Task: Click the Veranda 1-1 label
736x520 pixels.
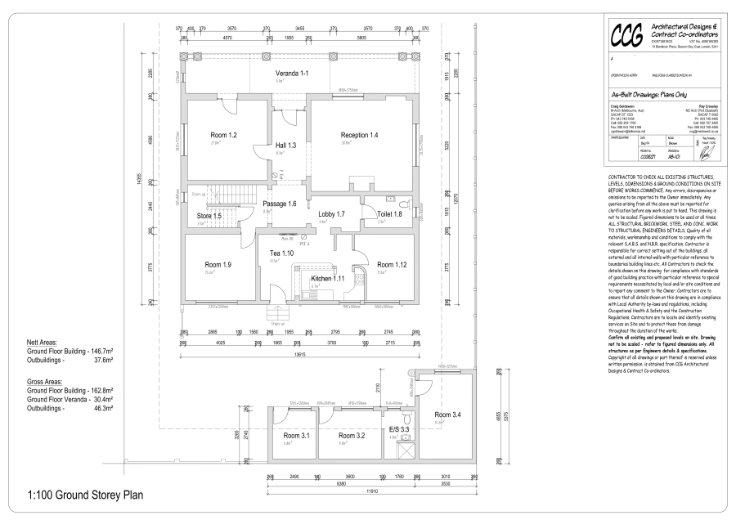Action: [x=292, y=74]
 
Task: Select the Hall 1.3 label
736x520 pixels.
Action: [x=285, y=145]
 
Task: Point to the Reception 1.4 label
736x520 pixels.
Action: [x=359, y=134]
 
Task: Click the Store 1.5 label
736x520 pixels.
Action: [x=209, y=216]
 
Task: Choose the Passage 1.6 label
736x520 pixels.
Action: [x=280, y=203]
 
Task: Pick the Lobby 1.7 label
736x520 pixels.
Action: [x=331, y=213]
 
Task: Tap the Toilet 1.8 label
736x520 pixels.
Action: [x=390, y=213]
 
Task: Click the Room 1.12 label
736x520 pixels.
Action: [x=390, y=264]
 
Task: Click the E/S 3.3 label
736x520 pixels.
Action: [x=398, y=428]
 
